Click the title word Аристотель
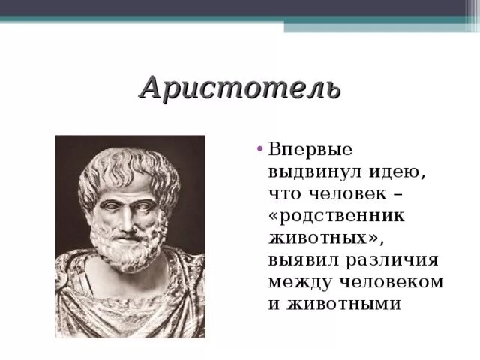pyautogui.click(x=241, y=89)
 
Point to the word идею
pyautogui.click(x=397, y=172)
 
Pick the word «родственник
pyautogui.click(x=337, y=215)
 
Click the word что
pyautogui.click(x=284, y=193)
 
